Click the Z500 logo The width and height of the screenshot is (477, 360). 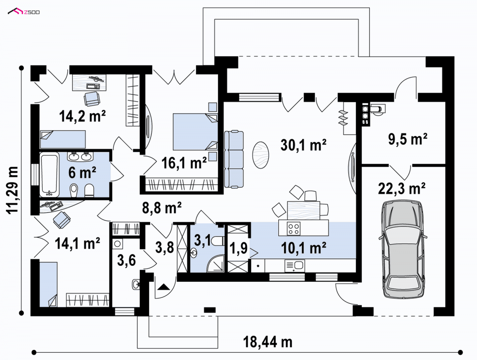click(x=24, y=12)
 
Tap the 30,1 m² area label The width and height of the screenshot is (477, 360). click(x=303, y=145)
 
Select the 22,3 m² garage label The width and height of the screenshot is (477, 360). click(x=401, y=188)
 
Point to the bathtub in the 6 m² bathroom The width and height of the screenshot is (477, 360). click(x=50, y=174)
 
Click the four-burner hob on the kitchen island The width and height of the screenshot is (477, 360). click(x=294, y=228)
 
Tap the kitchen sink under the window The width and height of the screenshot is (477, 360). click(x=295, y=265)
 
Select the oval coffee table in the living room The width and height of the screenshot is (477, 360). click(x=260, y=155)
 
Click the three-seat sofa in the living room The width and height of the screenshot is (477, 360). click(x=234, y=159)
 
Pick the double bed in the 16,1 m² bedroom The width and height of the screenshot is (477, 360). click(x=195, y=132)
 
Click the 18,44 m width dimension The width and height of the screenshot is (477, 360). click(x=268, y=342)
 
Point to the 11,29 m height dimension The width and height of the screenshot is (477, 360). click(x=12, y=190)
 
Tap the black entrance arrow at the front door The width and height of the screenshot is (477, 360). click(x=163, y=287)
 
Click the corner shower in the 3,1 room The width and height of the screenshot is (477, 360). click(x=215, y=263)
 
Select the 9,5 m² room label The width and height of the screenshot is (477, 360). click(x=408, y=139)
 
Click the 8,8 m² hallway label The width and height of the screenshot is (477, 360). click(x=162, y=207)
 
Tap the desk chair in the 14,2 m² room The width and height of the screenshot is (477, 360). click(x=92, y=99)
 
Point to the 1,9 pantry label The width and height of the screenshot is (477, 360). click(x=238, y=248)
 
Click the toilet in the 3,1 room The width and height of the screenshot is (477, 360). click(x=218, y=241)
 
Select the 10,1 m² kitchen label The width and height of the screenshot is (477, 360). click(x=304, y=248)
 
